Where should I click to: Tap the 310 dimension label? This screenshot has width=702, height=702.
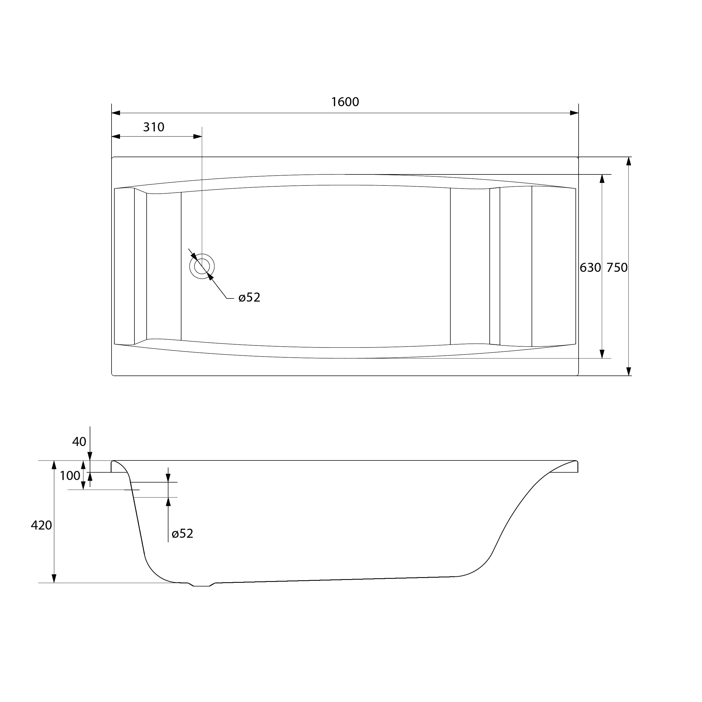tap(154, 127)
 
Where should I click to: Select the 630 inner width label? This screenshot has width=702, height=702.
tap(590, 268)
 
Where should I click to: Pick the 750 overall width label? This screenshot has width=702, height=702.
tap(617, 268)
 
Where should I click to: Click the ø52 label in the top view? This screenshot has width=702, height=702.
tap(249, 297)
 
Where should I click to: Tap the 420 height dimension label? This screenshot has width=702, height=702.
tap(41, 525)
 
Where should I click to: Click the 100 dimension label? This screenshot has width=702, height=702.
tap(70, 475)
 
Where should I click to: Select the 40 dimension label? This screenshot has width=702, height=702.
tap(79, 442)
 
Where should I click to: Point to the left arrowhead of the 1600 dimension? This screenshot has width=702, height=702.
tap(116, 113)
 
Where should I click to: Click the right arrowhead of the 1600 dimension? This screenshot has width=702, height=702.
tap(574, 113)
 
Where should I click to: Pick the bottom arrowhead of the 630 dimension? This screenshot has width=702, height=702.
tap(602, 354)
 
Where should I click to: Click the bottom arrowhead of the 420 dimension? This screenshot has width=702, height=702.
tap(54, 579)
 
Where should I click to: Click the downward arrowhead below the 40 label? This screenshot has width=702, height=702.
tap(90, 456)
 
